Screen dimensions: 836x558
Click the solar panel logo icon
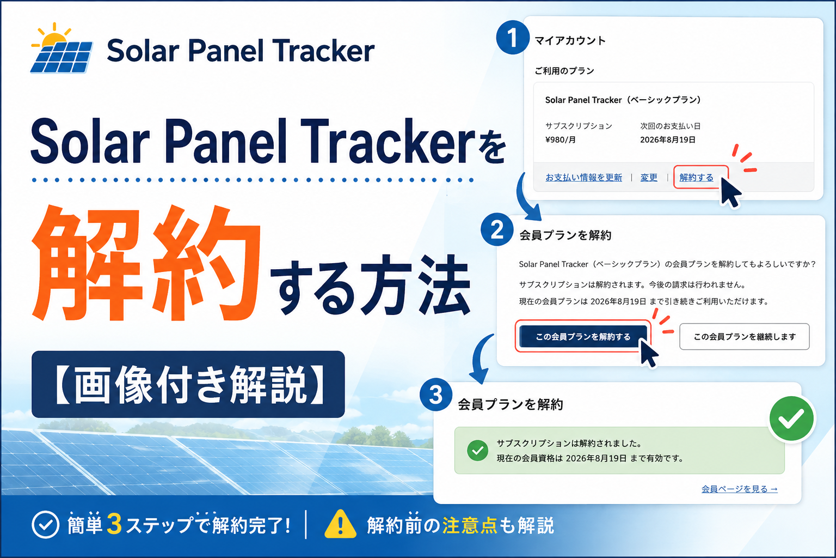tap(62, 48)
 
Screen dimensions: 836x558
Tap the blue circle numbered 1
tap(512, 38)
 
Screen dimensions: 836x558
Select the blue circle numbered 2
tap(497, 229)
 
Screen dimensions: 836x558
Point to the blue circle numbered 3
tap(436, 395)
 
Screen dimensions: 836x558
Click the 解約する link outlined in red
tap(697, 178)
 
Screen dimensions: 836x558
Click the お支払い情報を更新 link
tap(583, 178)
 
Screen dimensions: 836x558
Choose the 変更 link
tap(649, 178)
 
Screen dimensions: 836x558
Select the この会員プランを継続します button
tap(744, 337)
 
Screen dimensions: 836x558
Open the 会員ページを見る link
tap(739, 489)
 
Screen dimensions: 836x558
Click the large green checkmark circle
tap(791, 418)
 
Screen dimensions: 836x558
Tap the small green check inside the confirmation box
tap(477, 451)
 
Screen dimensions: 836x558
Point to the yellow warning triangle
tap(340, 524)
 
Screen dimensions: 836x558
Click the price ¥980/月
tap(561, 140)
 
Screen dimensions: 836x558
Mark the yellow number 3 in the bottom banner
tap(115, 524)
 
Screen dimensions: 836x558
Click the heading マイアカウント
tap(570, 40)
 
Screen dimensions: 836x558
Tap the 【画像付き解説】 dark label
tap(188, 384)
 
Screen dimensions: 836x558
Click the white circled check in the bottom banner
tap(46, 524)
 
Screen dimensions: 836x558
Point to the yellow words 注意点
tap(470, 525)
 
